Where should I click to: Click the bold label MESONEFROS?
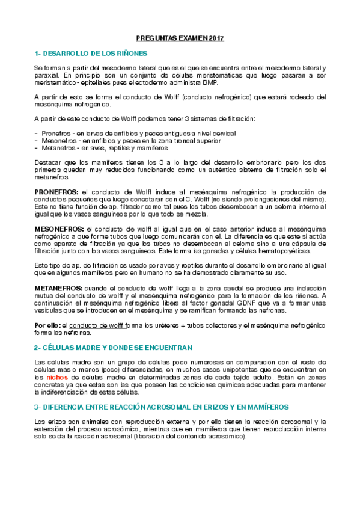pos(59,229)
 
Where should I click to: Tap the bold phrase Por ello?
pos(47,325)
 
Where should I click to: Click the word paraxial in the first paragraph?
pos(46,75)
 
